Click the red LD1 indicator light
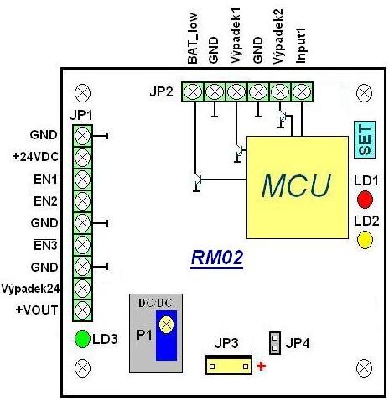pos(365,200)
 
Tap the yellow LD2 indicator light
pos(365,240)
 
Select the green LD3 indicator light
pos(82,339)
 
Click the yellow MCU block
pos(298,187)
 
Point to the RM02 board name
pos(217,258)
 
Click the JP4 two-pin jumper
pos(275,343)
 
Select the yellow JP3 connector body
pos(229,365)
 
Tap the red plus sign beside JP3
pos(261,366)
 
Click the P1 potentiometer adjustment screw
pos(166,325)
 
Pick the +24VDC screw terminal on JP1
pos(82,158)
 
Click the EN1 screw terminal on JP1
pos(82,180)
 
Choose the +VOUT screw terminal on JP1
pos(82,310)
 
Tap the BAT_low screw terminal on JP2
pos(193,91)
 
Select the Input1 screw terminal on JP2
pos(302,91)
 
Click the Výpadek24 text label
pos(30,289)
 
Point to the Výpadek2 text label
pos(278,36)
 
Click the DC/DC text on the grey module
pos(155,303)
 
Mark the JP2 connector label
pos(161,91)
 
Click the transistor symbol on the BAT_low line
pos(197,183)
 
